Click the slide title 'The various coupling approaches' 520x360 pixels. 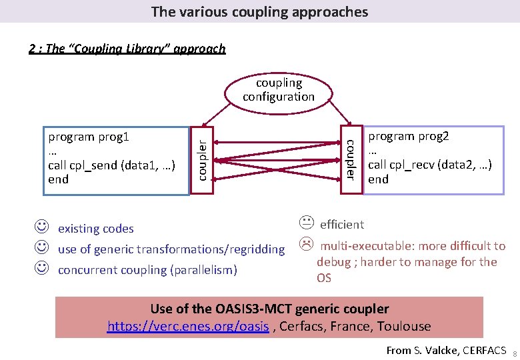[x=259, y=11]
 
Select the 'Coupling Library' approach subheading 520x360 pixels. [x=127, y=48]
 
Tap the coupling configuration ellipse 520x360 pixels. [x=279, y=90]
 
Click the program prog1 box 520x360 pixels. [x=116, y=160]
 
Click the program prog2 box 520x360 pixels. [x=433, y=160]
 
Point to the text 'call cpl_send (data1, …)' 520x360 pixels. [x=112, y=165]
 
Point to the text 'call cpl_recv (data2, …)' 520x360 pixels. [x=430, y=165]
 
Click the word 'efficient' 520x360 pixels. [x=342, y=225]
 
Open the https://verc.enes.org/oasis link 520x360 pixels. [x=189, y=327]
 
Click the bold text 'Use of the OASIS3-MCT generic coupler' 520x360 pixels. [x=269, y=309]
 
